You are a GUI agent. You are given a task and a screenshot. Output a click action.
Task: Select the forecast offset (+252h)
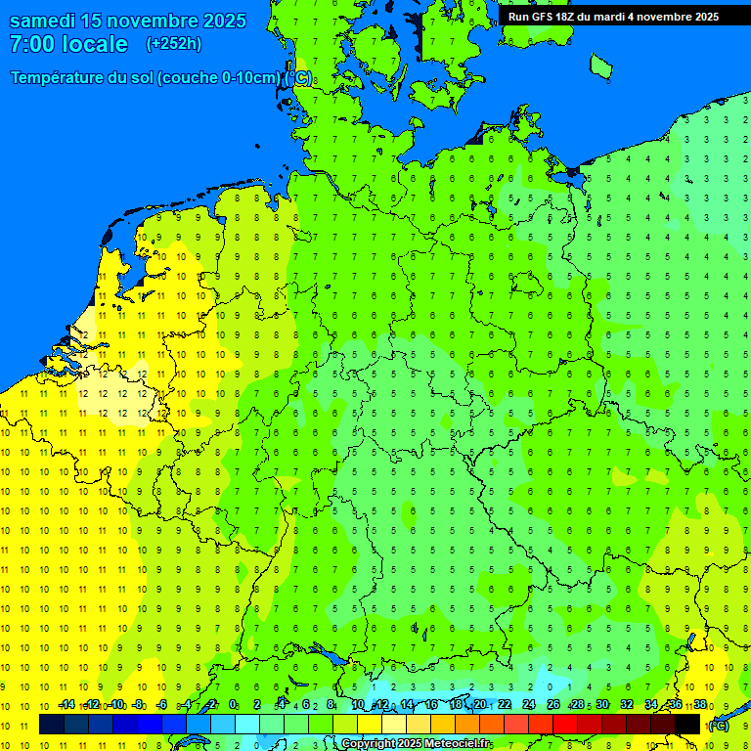(173, 44)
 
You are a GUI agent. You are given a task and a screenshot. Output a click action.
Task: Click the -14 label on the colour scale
(66, 704)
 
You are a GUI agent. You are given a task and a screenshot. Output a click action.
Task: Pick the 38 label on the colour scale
(700, 704)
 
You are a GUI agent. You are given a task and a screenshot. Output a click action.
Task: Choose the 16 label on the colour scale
(431, 704)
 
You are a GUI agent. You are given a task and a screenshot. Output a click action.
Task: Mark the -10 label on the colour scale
(115, 704)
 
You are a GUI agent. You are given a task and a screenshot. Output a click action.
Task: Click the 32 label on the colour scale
(627, 704)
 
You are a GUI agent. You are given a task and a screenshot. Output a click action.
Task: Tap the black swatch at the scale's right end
(687, 724)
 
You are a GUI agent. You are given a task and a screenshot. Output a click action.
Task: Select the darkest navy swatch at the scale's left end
(52, 724)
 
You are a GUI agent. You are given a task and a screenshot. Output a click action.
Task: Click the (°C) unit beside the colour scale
(719, 725)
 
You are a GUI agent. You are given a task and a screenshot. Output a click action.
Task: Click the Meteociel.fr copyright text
(416, 744)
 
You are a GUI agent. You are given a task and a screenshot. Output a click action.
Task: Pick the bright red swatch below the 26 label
(565, 724)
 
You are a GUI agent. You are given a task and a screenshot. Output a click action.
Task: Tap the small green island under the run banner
(600, 66)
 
